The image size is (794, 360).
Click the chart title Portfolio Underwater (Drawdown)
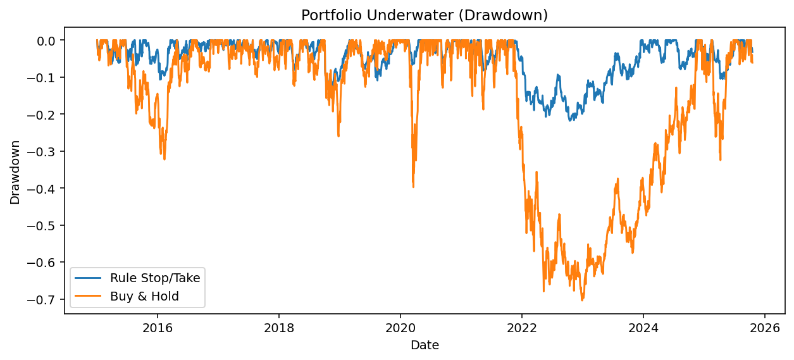coord(425,15)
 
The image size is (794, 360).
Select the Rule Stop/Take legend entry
coord(154,278)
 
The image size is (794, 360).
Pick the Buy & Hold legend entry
coord(144,295)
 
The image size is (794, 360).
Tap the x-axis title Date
coord(425,345)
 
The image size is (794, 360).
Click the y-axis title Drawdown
coord(15,172)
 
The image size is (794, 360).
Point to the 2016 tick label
coord(157,328)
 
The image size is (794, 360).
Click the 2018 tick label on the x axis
coord(278,328)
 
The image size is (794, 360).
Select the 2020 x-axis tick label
coord(400,328)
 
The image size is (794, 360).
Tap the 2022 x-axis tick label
coord(521,328)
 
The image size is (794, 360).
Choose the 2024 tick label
coord(643,328)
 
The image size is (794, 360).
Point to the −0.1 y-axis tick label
coord(46,77)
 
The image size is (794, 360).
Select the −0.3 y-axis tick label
coord(46,151)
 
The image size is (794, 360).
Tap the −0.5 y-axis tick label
coord(46,225)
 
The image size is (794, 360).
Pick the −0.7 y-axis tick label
coord(46,299)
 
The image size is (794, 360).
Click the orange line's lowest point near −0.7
coord(582,300)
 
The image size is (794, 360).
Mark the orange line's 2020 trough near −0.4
coord(413,187)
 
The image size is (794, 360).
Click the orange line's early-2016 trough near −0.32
coord(164,159)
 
